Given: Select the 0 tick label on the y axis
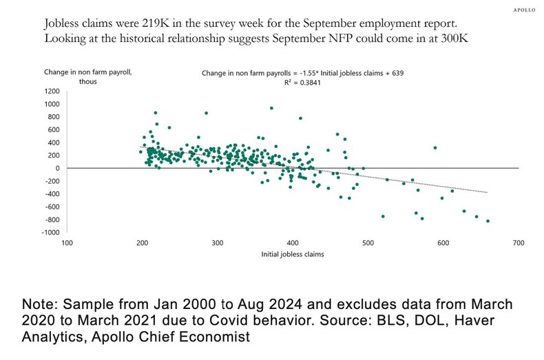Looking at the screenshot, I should click(58, 168).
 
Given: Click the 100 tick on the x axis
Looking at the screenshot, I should click(67, 243).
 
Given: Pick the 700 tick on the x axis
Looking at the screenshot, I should click(519, 243).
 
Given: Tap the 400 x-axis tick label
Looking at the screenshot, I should click(293, 243).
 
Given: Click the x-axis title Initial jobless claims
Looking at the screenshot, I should click(293, 254).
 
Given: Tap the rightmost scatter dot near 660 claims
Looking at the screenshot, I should click(488, 221).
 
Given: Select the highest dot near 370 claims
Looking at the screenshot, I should click(271, 108).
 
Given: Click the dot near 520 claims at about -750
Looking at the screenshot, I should click(383, 216).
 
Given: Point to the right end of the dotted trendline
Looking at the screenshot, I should click(488, 193).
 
